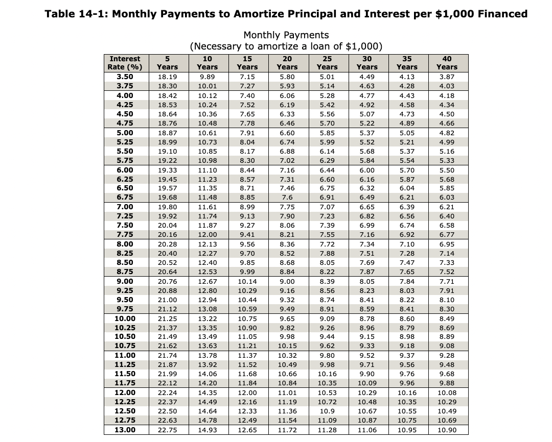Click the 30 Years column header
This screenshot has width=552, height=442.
(x=367, y=63)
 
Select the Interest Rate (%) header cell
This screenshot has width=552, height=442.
(x=125, y=63)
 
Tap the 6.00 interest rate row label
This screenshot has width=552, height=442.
(x=125, y=169)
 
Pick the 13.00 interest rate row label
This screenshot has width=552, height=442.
(x=125, y=429)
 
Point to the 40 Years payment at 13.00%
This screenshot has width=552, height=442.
(x=447, y=429)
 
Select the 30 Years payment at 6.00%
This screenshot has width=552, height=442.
(x=367, y=169)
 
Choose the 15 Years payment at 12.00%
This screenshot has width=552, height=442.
(x=247, y=392)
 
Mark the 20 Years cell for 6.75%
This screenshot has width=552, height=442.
(x=287, y=197)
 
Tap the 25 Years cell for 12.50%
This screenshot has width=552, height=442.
(x=327, y=411)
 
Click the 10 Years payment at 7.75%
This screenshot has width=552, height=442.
(x=207, y=234)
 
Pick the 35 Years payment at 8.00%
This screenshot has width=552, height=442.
(x=407, y=244)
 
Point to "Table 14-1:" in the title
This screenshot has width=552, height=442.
(x=76, y=14)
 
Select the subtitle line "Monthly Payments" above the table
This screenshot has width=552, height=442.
(x=286, y=35)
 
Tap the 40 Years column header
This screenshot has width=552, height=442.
(x=447, y=63)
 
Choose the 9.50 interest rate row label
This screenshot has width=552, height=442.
(x=125, y=300)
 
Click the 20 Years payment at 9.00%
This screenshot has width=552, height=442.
(x=287, y=281)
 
